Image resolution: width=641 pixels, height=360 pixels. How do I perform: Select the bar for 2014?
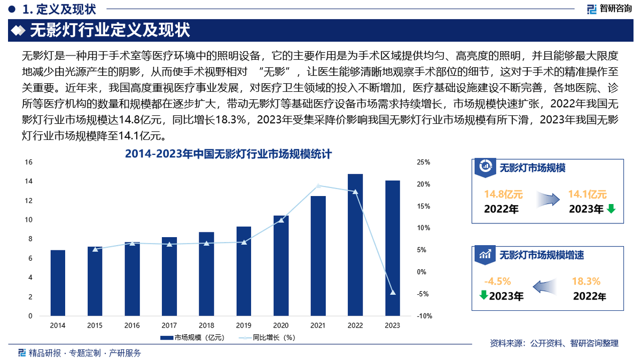pyautogui.click(x=58, y=283)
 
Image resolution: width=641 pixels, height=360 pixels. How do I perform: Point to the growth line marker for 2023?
pyautogui.click(x=393, y=293)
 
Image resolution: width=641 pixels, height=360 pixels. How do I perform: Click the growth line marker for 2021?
pyautogui.click(x=318, y=186)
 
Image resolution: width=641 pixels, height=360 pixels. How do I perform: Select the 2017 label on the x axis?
pyautogui.click(x=169, y=325)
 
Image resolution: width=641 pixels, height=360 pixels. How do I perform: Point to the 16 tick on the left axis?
pyautogui.click(x=29, y=162)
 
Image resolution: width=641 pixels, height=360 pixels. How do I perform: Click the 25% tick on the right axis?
pyautogui.click(x=424, y=162)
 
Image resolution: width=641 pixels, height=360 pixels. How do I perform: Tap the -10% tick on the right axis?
pyautogui.click(x=424, y=316)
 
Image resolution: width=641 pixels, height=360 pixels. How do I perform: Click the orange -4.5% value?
pyautogui.click(x=497, y=281)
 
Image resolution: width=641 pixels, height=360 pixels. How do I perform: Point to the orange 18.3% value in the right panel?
pyautogui.click(x=586, y=281)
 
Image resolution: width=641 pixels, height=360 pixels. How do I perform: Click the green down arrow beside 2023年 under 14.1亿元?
pyautogui.click(x=611, y=209)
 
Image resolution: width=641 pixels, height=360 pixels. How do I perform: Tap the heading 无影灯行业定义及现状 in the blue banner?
pyautogui.click(x=110, y=30)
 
